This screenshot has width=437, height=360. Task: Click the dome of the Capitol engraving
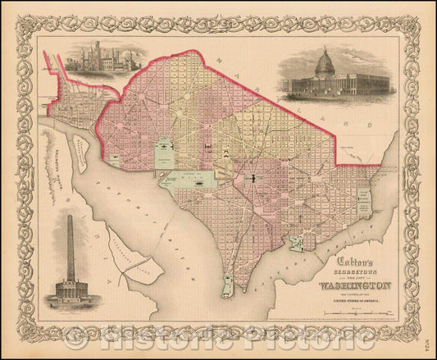click(325, 62)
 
